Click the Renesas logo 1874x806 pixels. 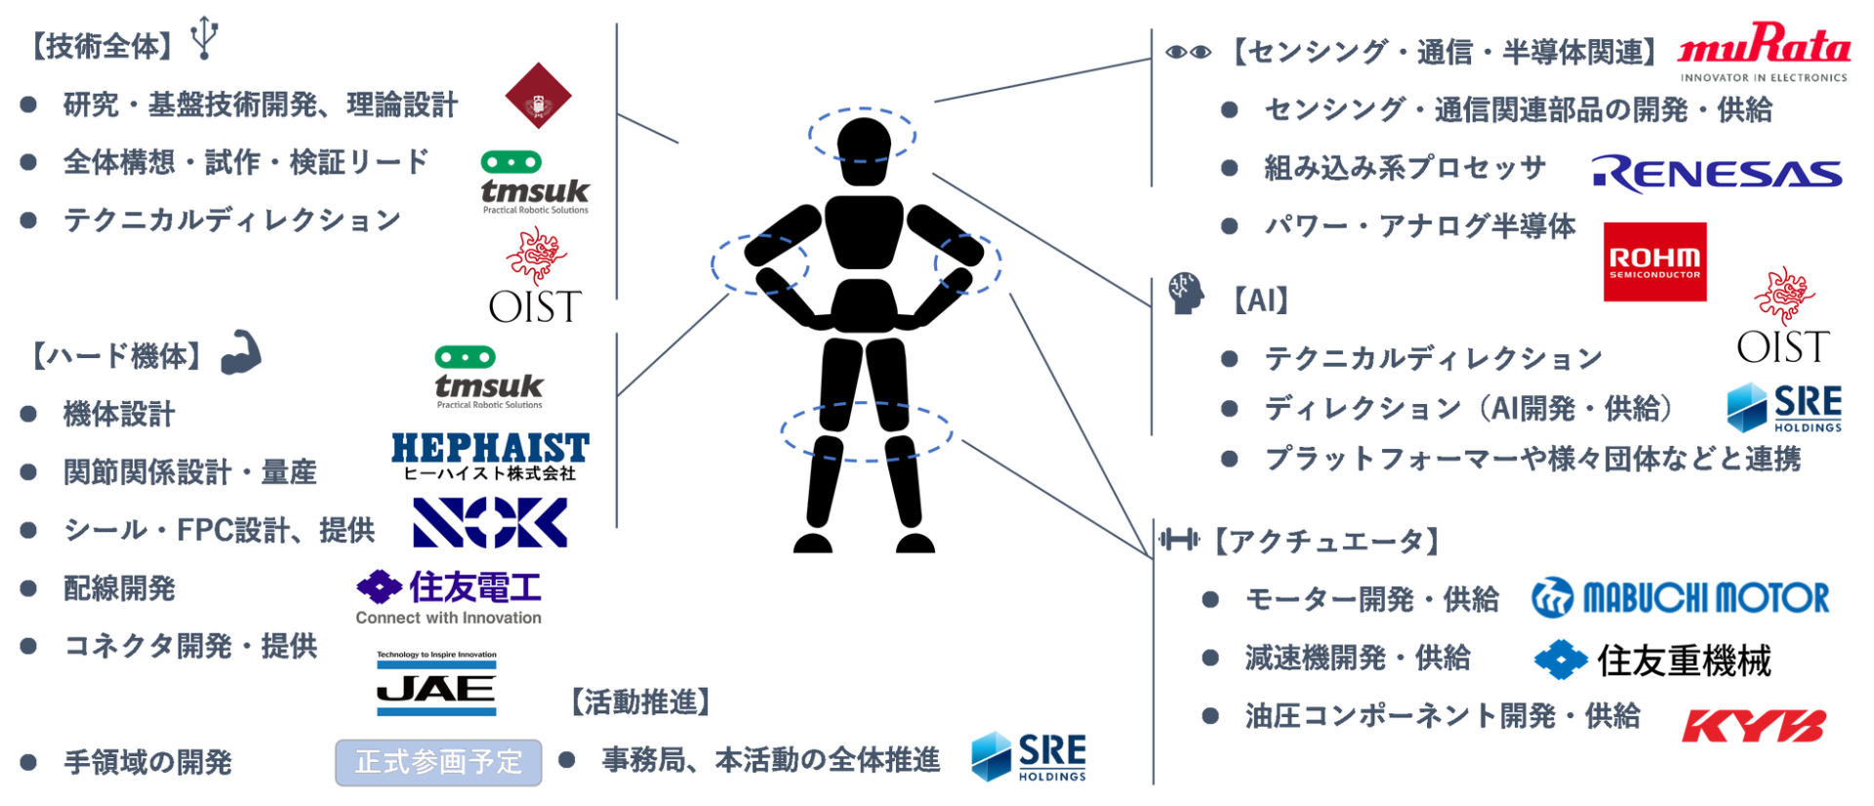click(x=1716, y=175)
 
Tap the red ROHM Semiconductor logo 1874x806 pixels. click(x=1655, y=262)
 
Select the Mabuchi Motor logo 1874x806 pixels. click(x=1680, y=598)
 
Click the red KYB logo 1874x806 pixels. click(x=1753, y=726)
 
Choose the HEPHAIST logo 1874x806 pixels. click(x=489, y=457)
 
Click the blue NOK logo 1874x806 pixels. click(x=490, y=522)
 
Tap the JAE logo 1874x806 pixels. click(x=436, y=683)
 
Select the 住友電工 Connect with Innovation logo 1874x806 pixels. click(x=449, y=596)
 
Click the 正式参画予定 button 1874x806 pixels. click(x=438, y=762)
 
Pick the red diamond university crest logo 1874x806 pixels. click(x=536, y=99)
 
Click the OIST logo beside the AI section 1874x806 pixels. click(x=1783, y=314)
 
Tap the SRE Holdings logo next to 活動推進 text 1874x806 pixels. click(x=1028, y=756)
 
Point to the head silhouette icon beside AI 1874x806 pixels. click(x=1185, y=293)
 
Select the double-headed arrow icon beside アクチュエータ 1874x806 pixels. click(x=1179, y=540)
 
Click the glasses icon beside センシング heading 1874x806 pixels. click(x=1187, y=52)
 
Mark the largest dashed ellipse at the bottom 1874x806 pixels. click(x=866, y=430)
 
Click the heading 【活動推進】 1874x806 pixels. click(x=639, y=702)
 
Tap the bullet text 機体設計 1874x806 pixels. click(x=119, y=414)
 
